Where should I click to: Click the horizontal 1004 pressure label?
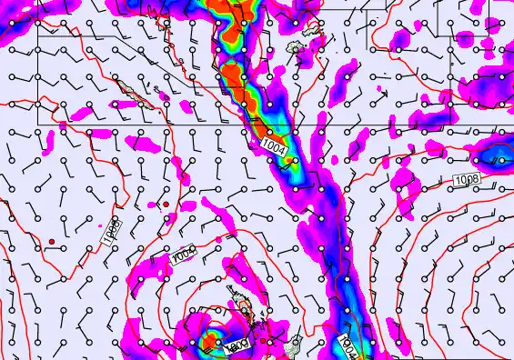pos(272,144)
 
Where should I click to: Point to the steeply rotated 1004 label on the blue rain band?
pos(348,346)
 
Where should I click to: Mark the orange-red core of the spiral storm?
pos(213,343)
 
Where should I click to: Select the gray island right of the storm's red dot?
pos(293,345)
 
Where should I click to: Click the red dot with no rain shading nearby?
pos(53,241)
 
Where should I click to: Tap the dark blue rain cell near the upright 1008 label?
pos(496,160)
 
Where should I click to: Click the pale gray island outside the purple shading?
pos(295,45)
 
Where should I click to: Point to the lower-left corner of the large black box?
pos(37,123)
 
